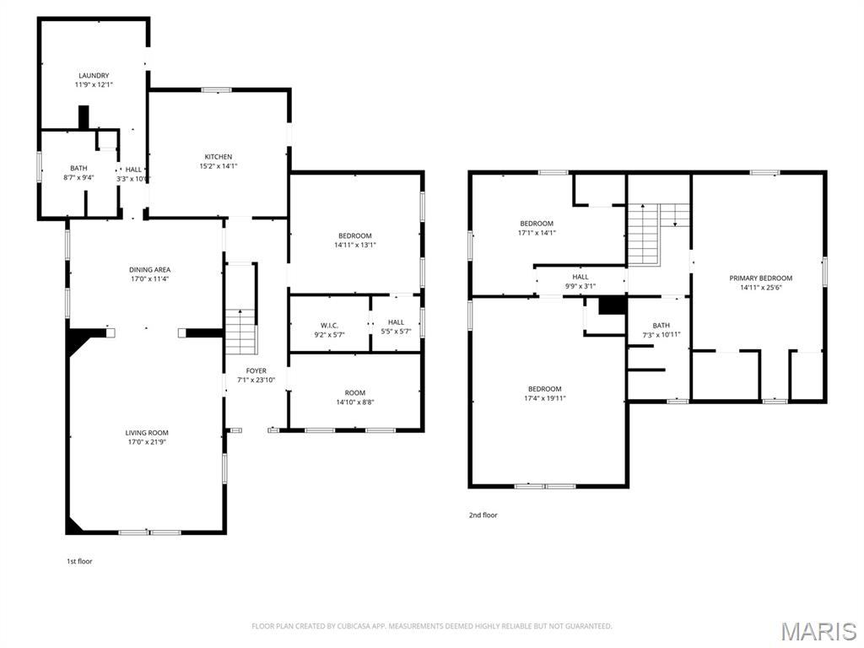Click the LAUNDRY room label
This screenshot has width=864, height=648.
pyautogui.click(x=94, y=75)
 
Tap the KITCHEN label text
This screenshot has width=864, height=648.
pyautogui.click(x=219, y=157)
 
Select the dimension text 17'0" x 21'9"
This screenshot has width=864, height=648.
pyautogui.click(x=147, y=442)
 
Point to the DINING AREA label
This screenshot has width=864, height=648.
pyautogui.click(x=150, y=270)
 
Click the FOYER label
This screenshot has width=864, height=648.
pyautogui.click(x=256, y=371)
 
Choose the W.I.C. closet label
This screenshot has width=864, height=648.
pyautogui.click(x=330, y=326)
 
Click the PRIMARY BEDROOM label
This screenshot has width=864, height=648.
pyautogui.click(x=761, y=278)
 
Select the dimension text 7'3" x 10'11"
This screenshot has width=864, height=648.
pyautogui.click(x=661, y=335)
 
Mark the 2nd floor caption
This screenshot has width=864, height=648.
pyautogui.click(x=483, y=516)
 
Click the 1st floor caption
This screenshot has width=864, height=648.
pyautogui.click(x=80, y=561)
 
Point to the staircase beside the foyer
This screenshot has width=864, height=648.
pyautogui.click(x=241, y=332)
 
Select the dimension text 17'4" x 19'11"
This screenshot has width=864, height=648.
pyautogui.click(x=545, y=398)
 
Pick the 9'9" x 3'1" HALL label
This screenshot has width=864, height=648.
pyautogui.click(x=580, y=282)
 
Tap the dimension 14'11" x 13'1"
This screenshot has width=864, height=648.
pyautogui.click(x=355, y=246)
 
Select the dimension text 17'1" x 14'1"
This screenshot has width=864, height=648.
pyautogui.click(x=537, y=233)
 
